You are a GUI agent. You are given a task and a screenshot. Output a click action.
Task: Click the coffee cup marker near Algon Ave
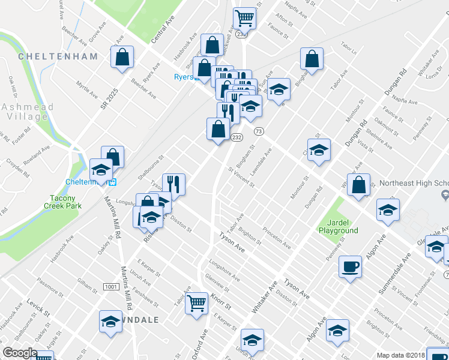(x=349, y=267)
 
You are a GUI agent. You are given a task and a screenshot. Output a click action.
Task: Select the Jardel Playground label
(x=338, y=226)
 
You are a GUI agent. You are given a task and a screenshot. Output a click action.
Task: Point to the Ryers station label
(x=184, y=77)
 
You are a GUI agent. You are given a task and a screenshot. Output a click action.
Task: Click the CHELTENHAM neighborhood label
(x=58, y=56)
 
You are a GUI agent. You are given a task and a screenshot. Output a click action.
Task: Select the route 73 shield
(x=259, y=131)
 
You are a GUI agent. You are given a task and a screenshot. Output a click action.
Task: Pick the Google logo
(x=20, y=353)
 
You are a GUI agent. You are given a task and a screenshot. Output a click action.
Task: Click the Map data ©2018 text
(x=401, y=355)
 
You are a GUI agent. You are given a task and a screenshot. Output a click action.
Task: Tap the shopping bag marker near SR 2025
(x=122, y=58)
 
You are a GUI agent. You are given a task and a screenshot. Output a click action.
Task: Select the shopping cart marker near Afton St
(x=244, y=19)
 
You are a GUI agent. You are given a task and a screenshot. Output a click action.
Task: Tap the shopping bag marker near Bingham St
(x=312, y=59)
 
